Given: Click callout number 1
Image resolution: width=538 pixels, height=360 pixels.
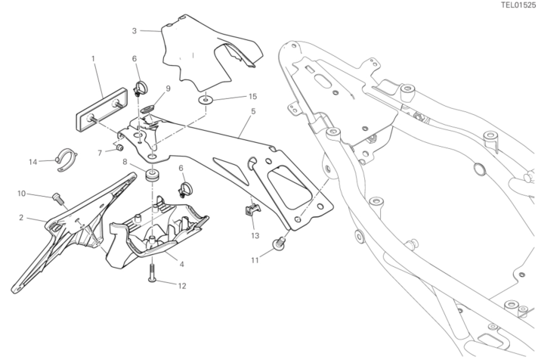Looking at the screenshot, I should (x=93, y=57).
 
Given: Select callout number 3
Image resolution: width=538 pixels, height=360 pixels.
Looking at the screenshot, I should (x=134, y=31).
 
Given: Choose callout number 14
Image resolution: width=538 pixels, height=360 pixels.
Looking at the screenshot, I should (x=32, y=161).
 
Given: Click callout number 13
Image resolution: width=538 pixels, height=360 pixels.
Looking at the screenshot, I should (x=255, y=236).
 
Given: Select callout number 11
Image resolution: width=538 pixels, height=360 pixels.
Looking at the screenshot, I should (x=255, y=259).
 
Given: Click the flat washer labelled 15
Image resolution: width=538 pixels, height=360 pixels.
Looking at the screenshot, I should (x=206, y=98).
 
